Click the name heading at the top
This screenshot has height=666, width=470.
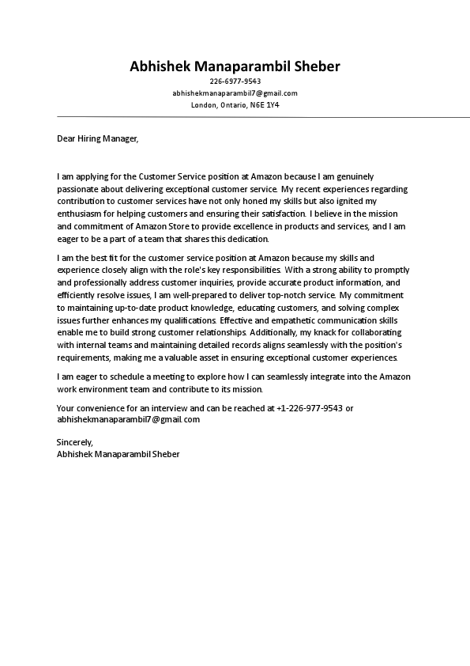click(x=235, y=66)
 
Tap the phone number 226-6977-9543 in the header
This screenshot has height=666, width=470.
click(x=235, y=81)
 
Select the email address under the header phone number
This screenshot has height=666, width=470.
click(x=235, y=93)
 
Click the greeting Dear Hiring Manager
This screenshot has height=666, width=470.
click(x=97, y=138)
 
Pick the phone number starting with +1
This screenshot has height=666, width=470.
click(x=310, y=408)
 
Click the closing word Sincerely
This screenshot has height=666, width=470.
click(x=75, y=442)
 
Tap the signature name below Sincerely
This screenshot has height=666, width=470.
click(x=118, y=455)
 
